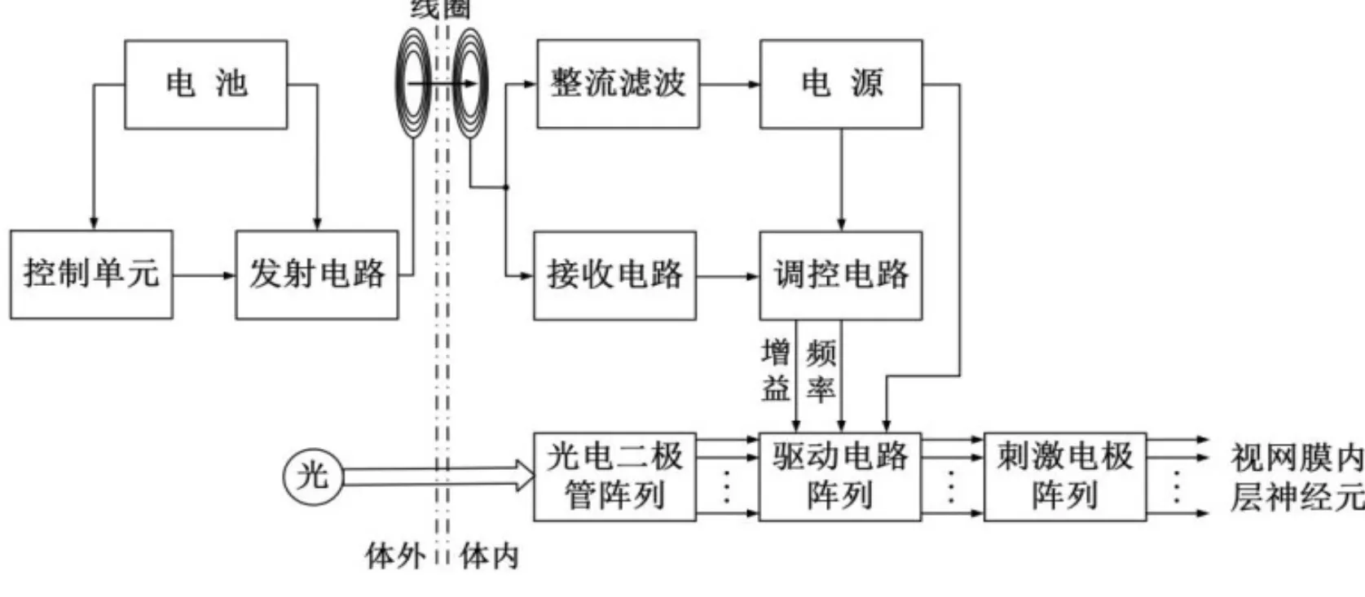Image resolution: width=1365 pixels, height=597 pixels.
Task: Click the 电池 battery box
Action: [205, 84]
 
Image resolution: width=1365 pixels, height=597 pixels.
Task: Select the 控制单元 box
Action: [91, 274]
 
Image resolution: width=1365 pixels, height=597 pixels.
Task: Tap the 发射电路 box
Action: [316, 274]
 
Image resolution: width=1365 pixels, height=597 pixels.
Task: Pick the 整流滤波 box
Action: [618, 84]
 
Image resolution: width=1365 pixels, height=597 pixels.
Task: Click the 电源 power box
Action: [841, 84]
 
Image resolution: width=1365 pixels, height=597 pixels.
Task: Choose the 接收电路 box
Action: [614, 275]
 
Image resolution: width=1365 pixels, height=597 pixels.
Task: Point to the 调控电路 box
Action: [841, 275]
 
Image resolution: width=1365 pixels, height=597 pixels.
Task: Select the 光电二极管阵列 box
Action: [614, 476]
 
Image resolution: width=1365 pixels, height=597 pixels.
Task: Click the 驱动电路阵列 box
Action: [840, 476]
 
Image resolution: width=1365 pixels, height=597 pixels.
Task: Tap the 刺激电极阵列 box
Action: [1065, 476]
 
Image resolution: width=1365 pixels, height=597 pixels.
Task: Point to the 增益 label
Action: [776, 371]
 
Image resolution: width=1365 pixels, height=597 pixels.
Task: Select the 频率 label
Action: [821, 371]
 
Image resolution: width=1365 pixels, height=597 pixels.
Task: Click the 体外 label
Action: [395, 556]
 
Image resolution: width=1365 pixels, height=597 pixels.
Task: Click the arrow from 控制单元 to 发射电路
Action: [204, 274]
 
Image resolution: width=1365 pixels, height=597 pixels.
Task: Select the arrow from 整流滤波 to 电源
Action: [729, 84]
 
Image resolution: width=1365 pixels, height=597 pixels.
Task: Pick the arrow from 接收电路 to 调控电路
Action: [728, 276]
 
